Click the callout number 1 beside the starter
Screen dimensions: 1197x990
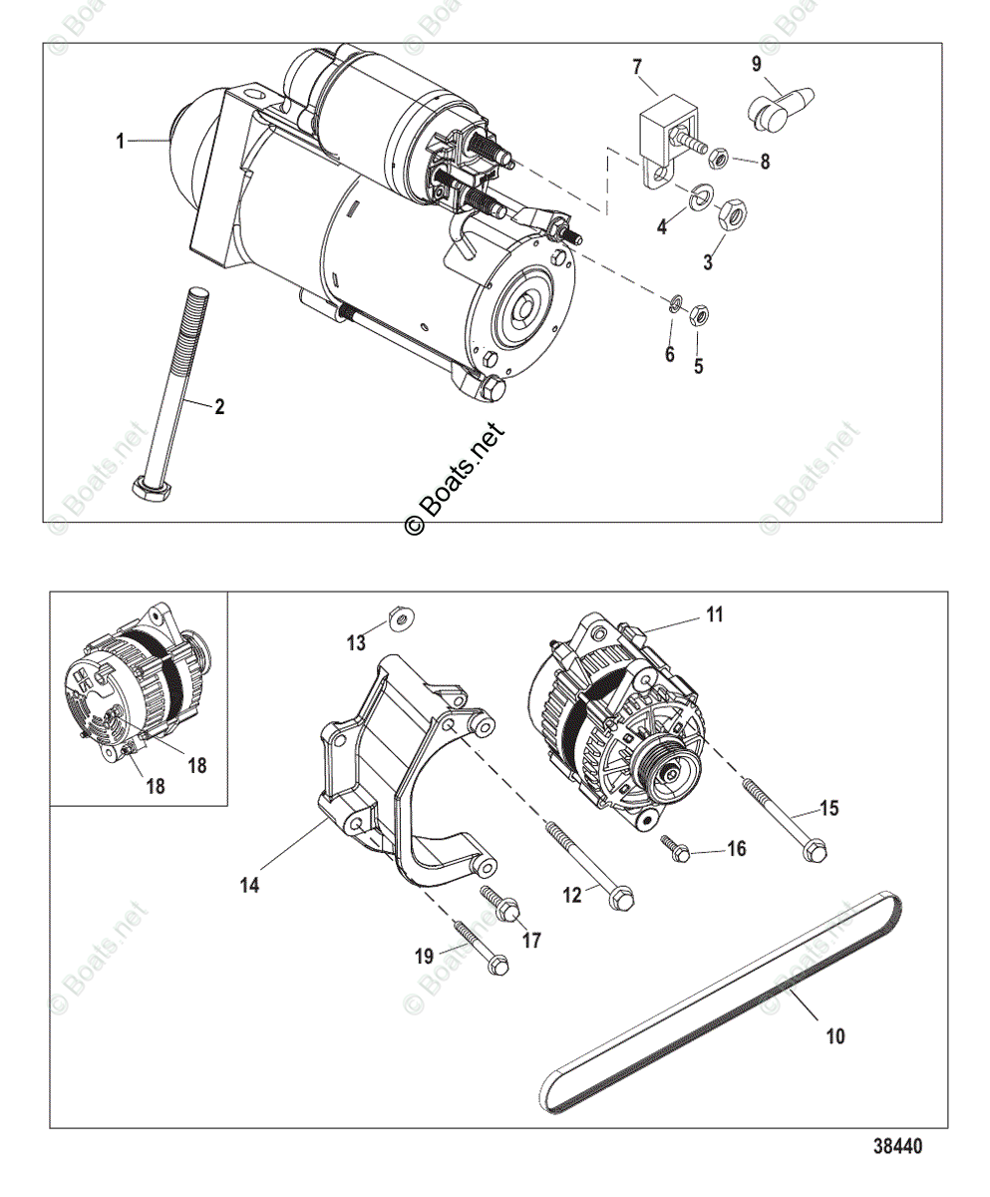pyautogui.click(x=121, y=142)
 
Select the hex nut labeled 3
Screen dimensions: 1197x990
pyautogui.click(x=730, y=211)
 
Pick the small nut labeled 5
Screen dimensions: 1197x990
pyautogui.click(x=700, y=316)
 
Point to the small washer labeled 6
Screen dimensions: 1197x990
pyautogui.click(x=675, y=303)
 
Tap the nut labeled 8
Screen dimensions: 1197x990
pyautogui.click(x=717, y=158)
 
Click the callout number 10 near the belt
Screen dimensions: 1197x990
pyautogui.click(x=835, y=1036)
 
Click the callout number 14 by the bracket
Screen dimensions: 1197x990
pyautogui.click(x=249, y=884)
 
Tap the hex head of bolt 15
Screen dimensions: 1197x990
pyautogui.click(x=816, y=852)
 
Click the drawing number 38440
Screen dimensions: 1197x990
pyautogui.click(x=894, y=1146)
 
